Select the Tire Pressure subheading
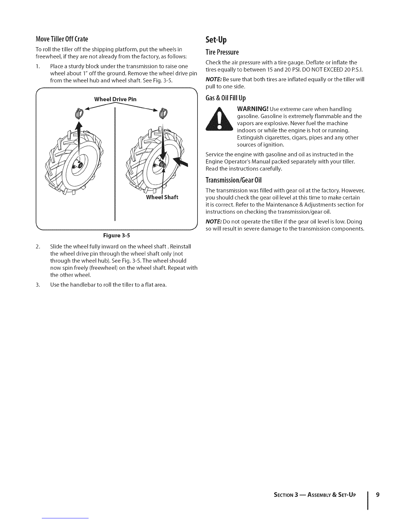[222, 52]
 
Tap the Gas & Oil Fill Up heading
[226, 98]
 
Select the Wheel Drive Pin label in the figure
[115, 99]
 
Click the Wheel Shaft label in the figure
[162, 197]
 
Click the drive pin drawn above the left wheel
[79, 113]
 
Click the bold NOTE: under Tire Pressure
[213, 80]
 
